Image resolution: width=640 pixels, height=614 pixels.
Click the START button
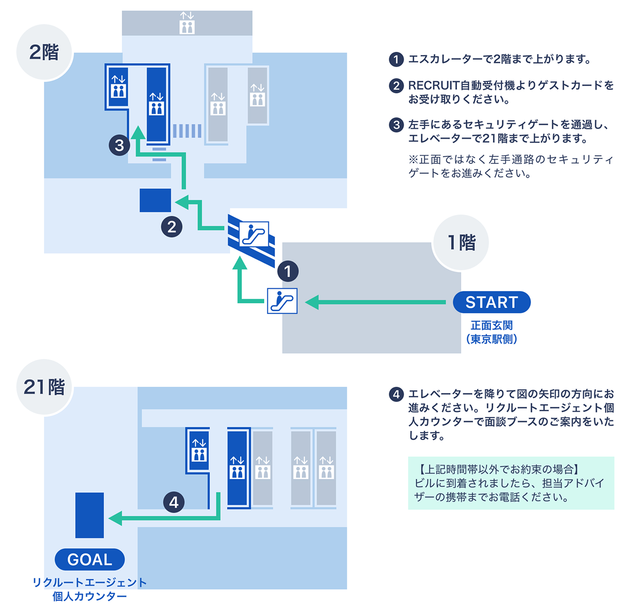[492, 302]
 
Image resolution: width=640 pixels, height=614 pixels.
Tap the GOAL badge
[90, 559]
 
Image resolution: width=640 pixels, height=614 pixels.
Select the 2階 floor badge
[44, 52]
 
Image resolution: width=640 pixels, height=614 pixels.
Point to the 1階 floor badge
[461, 243]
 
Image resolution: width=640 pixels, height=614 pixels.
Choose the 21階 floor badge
[44, 387]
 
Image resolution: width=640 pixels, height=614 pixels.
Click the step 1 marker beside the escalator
[288, 271]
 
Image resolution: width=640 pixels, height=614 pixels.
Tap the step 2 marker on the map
[172, 227]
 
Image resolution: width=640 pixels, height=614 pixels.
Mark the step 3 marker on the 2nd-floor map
[120, 145]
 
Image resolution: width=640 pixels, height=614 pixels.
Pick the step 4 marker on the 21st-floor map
[174, 502]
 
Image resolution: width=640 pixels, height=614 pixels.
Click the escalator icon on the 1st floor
[282, 300]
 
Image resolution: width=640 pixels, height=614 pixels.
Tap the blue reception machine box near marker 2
[155, 200]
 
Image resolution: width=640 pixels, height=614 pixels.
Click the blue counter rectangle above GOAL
[90, 515]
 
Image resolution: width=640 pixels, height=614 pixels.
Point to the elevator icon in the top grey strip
[187, 23]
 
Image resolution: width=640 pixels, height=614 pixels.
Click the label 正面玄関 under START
[492, 325]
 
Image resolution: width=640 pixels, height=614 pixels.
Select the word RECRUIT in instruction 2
[434, 86]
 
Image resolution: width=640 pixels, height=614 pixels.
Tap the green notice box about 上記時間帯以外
[511, 483]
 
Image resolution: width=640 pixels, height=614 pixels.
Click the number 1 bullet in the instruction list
[396, 59]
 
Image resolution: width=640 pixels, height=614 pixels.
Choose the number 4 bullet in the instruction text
[396, 394]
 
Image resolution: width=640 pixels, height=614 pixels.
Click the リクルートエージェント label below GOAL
[90, 583]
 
